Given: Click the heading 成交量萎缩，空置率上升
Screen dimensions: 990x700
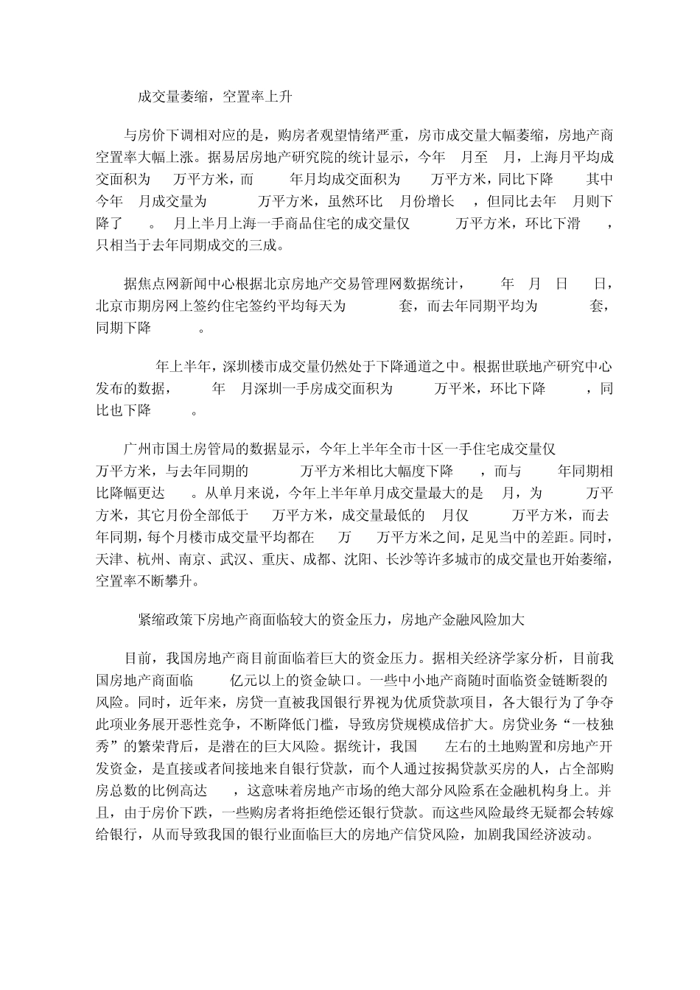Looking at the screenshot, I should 217,96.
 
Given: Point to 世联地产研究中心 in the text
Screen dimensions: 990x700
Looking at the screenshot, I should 559,366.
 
